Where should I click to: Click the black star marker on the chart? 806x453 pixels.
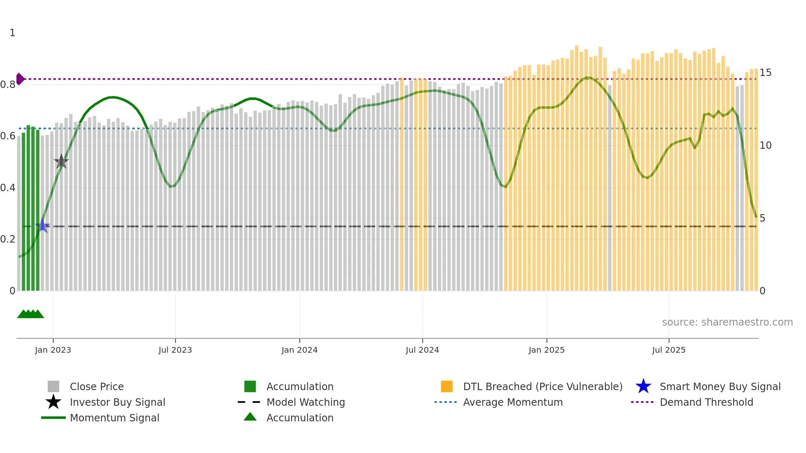61,162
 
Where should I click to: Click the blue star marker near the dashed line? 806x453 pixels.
42,226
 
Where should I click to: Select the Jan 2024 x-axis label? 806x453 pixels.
299,350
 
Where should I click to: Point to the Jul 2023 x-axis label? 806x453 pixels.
175,350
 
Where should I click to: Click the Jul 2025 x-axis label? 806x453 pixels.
669,350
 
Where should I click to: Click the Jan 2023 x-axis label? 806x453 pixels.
53,350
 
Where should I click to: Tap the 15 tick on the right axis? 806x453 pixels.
765,73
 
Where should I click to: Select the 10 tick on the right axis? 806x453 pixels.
765,146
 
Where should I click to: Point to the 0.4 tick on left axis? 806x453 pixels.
8,188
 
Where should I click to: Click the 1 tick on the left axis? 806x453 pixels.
12,33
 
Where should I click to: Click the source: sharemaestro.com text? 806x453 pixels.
727,322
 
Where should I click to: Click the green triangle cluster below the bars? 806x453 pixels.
30,314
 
